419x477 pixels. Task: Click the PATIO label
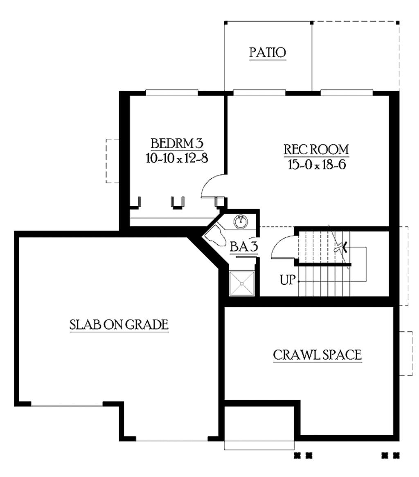point(268,53)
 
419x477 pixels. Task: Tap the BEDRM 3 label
point(177,144)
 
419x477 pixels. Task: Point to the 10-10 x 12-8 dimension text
point(177,158)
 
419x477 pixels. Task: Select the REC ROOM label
point(317,149)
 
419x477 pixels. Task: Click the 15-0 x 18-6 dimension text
point(317,164)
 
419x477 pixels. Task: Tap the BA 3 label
point(243,247)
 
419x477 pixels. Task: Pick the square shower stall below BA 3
point(242,283)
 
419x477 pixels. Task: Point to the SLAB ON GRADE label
point(119,324)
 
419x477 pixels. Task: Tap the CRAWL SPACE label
point(317,355)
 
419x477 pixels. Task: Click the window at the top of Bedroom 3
point(172,93)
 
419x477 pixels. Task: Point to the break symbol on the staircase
point(340,247)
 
